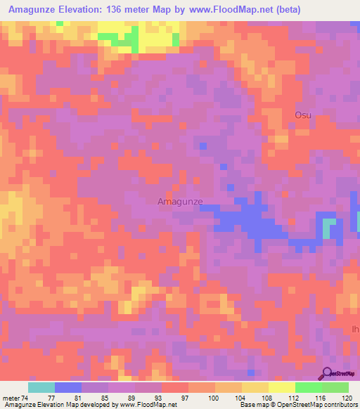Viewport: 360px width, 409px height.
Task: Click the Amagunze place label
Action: point(179,202)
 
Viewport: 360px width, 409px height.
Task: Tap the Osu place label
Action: point(303,115)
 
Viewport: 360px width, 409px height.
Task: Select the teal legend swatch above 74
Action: point(41,387)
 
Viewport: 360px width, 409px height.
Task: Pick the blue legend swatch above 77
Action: point(68,387)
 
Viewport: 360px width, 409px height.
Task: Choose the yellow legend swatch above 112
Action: point(282,387)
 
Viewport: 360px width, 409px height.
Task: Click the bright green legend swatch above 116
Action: point(309,387)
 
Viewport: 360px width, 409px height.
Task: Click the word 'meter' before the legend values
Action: point(13,398)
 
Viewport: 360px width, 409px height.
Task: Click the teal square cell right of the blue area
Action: point(329,228)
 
